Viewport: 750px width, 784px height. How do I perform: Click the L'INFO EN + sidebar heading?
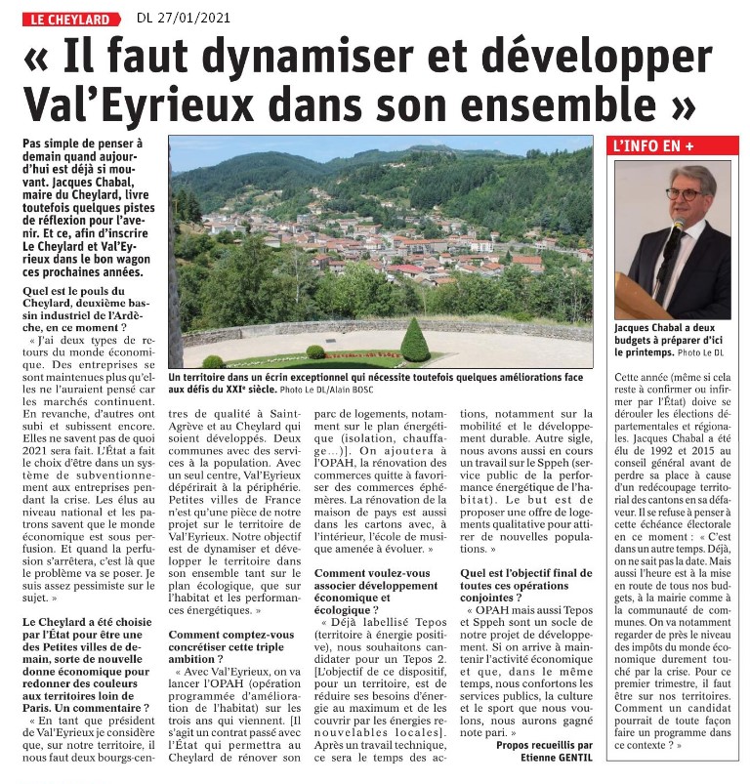tap(672, 146)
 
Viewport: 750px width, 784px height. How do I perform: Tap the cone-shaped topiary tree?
tap(415, 341)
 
